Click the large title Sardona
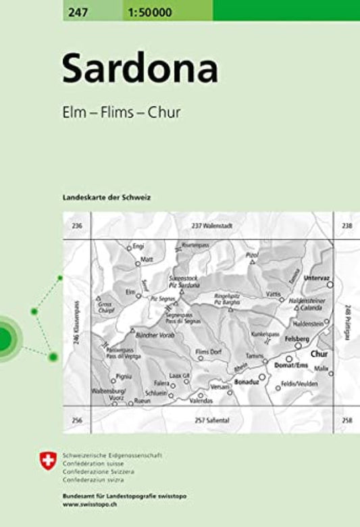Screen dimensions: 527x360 (140, 70)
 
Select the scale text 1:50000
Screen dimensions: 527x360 (148, 10)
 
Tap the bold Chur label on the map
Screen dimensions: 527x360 (319, 353)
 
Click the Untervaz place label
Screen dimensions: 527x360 (315, 278)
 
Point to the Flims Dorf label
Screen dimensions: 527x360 (209, 352)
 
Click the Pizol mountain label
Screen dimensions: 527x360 (253, 255)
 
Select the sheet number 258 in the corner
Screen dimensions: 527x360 (347, 420)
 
